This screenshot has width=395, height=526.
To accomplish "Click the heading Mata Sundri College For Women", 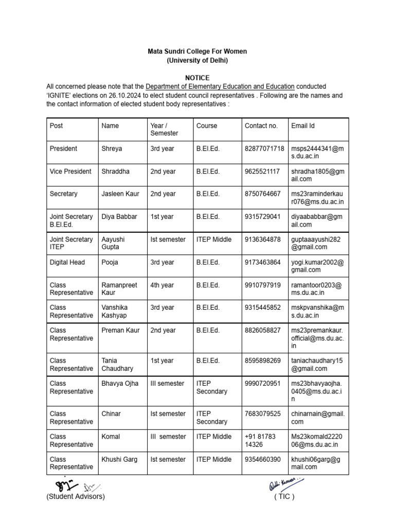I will point(197,52).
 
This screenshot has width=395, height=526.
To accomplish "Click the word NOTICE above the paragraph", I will point(197,78).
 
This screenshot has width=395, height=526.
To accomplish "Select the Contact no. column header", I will point(261,126).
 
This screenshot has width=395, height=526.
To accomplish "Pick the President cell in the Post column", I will point(63,148).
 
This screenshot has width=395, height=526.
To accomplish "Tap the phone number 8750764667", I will point(262,194).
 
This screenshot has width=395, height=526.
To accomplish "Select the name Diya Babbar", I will point(119,217).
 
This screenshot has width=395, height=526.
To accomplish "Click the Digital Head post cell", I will point(67,262).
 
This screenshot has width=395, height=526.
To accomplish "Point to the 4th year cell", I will point(162,285).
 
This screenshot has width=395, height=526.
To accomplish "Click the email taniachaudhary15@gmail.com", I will point(316,365).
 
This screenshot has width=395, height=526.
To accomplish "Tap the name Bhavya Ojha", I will point(120,384).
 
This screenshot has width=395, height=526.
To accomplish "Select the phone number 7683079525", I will point(262,414).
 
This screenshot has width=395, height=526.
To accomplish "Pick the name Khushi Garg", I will point(119,459).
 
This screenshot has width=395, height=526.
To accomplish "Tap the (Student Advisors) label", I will point(75,497).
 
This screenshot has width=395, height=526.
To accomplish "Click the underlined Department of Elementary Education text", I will point(220,87).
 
